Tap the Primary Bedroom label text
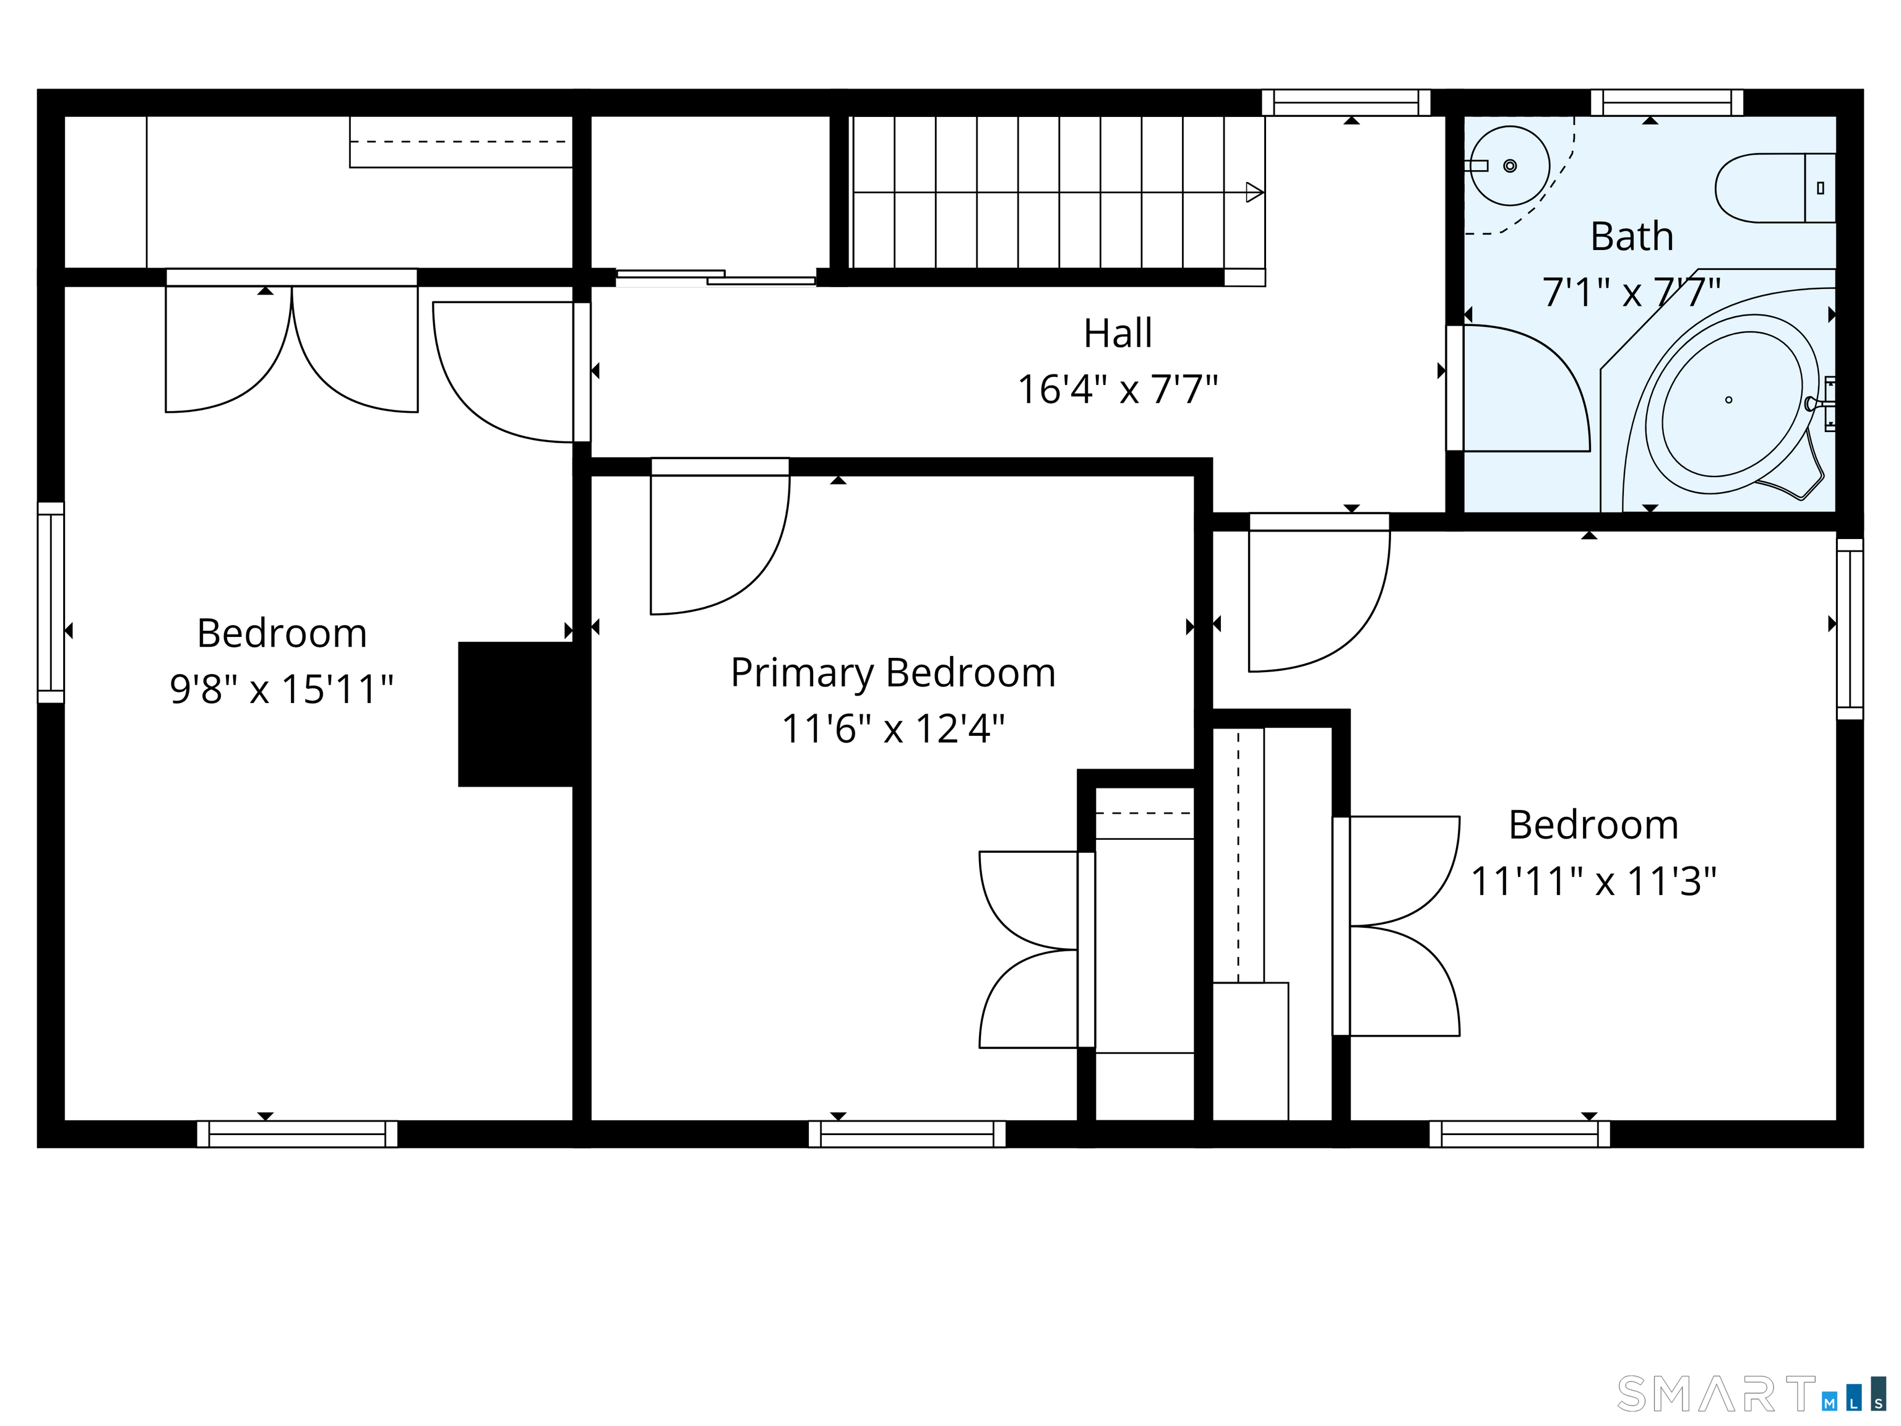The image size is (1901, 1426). point(893,673)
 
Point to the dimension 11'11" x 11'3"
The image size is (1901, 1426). point(1594,882)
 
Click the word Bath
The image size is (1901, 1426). point(1632,236)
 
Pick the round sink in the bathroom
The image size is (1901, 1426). point(1510,166)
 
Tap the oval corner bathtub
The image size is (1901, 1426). point(1731,403)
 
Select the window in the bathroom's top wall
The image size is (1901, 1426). point(1666,102)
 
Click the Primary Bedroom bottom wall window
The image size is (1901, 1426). point(907,1134)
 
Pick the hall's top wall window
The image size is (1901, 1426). point(1346,102)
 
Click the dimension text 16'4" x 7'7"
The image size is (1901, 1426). point(1117,389)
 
